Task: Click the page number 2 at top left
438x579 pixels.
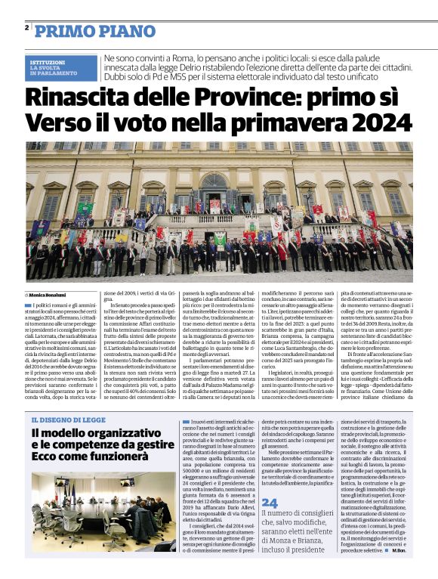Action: [x=26, y=27]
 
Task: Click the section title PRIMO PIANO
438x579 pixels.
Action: [x=83, y=31]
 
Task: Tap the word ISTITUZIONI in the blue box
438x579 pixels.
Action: [x=48, y=61]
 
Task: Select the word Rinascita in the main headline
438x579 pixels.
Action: [x=80, y=98]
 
